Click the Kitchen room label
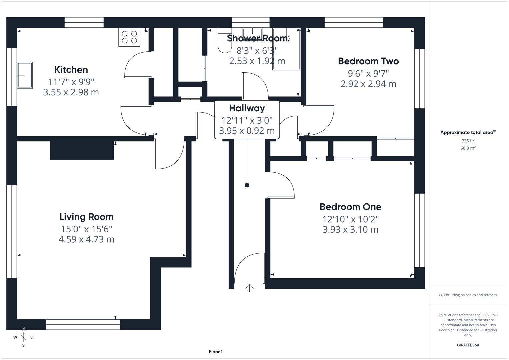pyautogui.click(x=71, y=70)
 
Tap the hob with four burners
pyautogui.click(x=129, y=37)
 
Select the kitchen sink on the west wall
pyautogui.click(x=25, y=75)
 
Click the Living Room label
pyautogui.click(x=86, y=217)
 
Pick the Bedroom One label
pyautogui.click(x=350, y=207)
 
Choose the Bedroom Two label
pyautogui.click(x=368, y=61)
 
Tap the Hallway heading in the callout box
pyautogui.click(x=247, y=108)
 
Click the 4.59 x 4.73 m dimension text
pyautogui.click(x=86, y=239)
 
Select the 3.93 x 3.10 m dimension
pyautogui.click(x=350, y=229)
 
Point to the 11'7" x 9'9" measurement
pyautogui.click(x=71, y=82)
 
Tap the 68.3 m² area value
pyautogui.click(x=468, y=148)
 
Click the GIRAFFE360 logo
pyautogui.click(x=468, y=345)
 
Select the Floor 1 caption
pyautogui.click(x=216, y=352)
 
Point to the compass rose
pyautogui.click(x=23, y=337)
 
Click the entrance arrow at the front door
pyautogui.click(x=249, y=288)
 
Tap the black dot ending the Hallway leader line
pyautogui.click(x=247, y=185)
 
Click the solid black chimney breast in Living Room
pyautogui.click(x=82, y=150)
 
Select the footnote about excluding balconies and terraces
pyautogui.click(x=468, y=295)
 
